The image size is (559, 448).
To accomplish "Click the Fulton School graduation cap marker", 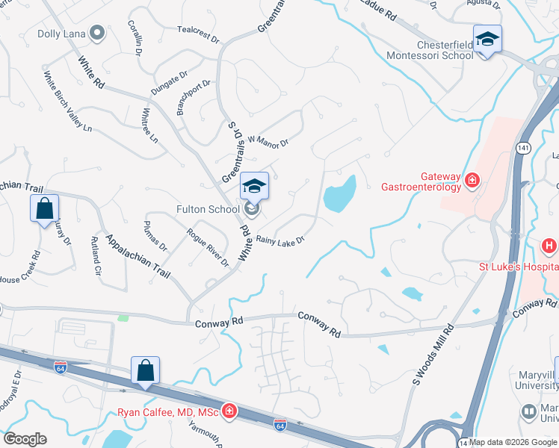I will click(254, 187).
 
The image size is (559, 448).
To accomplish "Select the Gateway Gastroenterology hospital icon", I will click(472, 180).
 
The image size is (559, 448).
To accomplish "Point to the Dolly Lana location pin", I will click(96, 33).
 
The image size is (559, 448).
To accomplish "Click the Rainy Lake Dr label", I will click(281, 240).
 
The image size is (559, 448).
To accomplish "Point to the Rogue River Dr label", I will click(208, 247).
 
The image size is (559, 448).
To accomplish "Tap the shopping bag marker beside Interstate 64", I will click(145, 371).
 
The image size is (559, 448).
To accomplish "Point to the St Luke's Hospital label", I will click(519, 267).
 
